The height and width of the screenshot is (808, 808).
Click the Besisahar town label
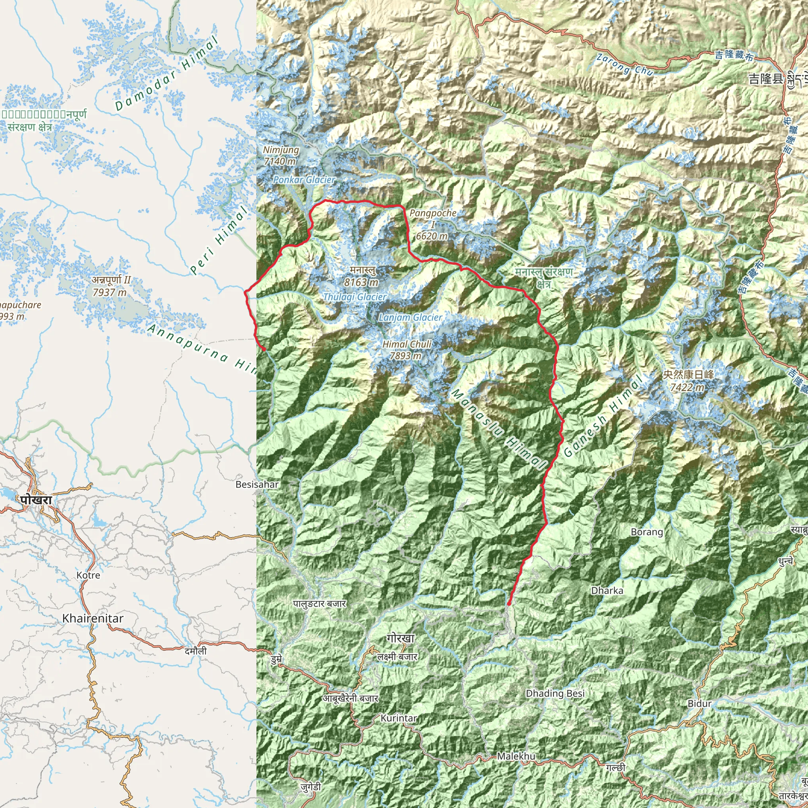point(257,484)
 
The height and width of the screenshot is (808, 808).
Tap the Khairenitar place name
point(93,618)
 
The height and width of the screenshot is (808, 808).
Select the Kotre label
point(88,575)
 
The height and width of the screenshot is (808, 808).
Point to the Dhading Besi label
point(555,694)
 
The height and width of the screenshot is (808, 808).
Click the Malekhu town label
point(516,756)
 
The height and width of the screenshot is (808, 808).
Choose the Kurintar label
point(398,718)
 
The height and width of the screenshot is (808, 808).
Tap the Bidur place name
point(700,703)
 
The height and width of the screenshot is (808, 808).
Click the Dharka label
point(607,591)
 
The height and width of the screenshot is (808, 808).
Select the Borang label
point(647,532)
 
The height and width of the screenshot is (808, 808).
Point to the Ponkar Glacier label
point(304,180)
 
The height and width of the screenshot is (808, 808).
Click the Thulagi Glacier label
point(355,297)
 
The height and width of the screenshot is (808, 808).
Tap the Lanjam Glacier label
point(410,318)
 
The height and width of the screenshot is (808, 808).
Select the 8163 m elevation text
point(361,282)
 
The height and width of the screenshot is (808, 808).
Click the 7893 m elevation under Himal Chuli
point(405,356)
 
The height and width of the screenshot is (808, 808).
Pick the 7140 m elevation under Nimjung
point(280,161)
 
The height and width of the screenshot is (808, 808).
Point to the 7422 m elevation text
point(687,387)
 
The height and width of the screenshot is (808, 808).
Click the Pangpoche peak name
point(433,213)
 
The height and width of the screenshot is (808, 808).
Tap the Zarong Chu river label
point(625,64)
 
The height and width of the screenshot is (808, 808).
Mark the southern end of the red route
point(509,604)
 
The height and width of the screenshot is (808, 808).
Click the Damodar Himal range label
point(166,74)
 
